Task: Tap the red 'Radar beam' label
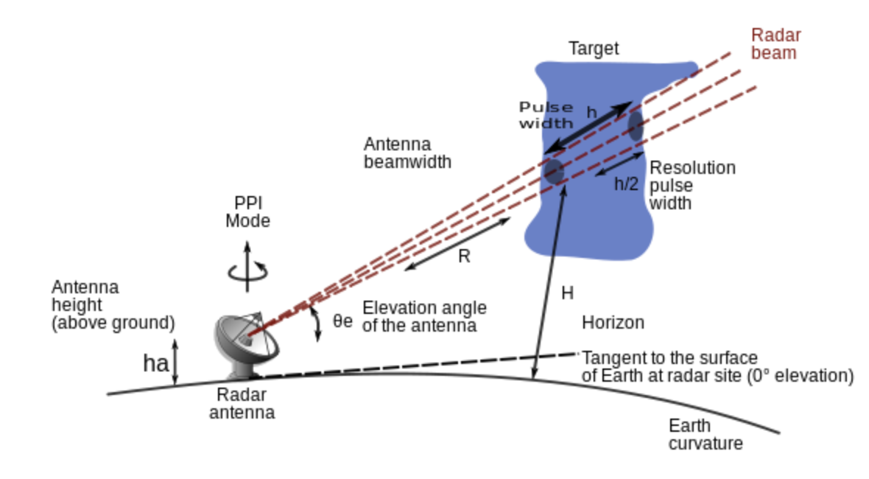tap(775, 43)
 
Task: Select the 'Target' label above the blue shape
tap(594, 49)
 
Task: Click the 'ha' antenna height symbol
tap(154, 363)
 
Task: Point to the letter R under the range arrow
tap(464, 257)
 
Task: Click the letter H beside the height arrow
tap(567, 293)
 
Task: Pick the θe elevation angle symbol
tap(342, 321)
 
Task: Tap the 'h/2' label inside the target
tap(626, 183)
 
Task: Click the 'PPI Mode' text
tap(247, 211)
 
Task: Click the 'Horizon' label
tap(613, 323)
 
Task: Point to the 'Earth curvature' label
tap(705, 435)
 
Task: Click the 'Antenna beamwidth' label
tap(407, 153)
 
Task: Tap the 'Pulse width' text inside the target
tap(546, 115)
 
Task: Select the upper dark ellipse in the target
tap(636, 126)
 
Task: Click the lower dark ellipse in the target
tap(554, 172)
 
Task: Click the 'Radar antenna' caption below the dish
tap(242, 403)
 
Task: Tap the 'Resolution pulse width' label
tap(692, 184)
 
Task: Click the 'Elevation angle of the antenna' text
tap(424, 316)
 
